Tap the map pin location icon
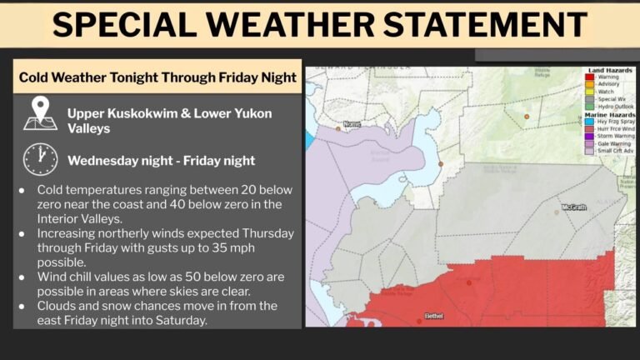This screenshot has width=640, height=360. click(x=40, y=114)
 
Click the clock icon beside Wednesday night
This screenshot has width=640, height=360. click(x=40, y=159)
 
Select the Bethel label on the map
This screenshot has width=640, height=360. click(x=435, y=317)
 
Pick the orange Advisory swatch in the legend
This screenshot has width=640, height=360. click(x=588, y=84)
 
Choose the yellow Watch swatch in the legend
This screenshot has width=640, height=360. click(x=588, y=92)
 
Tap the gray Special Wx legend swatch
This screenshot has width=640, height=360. click(x=588, y=98)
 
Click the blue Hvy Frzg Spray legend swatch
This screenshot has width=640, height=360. click(x=588, y=121)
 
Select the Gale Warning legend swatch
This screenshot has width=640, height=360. click(x=588, y=142)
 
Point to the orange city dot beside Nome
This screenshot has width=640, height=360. click(x=338, y=128)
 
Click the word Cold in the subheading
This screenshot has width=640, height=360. click(x=37, y=77)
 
